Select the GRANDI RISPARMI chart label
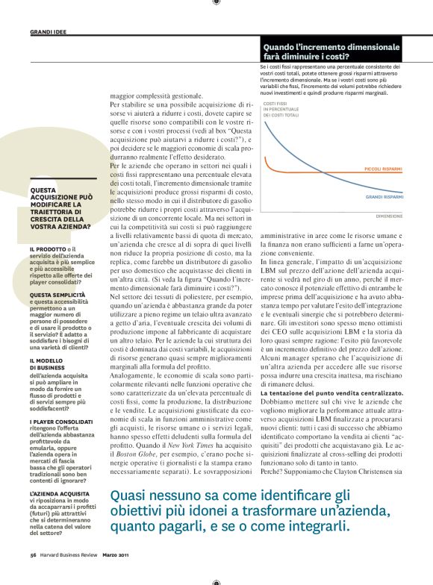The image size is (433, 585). (384, 197)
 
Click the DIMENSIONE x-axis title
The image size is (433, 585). (389, 216)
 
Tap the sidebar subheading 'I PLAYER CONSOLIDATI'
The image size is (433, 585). (61, 422)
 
